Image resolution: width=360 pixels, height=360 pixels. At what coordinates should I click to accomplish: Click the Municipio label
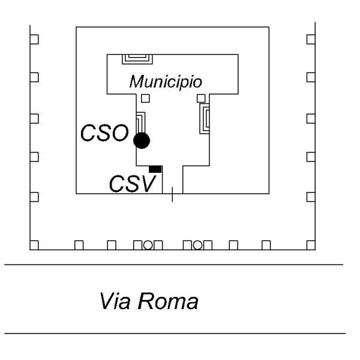[x=165, y=81]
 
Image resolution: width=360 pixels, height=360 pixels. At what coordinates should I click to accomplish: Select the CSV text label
[x=131, y=182]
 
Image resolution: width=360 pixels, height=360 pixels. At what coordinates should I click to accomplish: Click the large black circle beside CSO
[x=142, y=141]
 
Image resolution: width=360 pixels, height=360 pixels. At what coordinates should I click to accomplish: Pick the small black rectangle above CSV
[x=155, y=169]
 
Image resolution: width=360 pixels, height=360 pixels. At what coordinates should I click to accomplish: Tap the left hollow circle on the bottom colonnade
[x=147, y=244]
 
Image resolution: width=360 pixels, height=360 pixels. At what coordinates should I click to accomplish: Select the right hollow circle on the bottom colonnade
[x=197, y=244]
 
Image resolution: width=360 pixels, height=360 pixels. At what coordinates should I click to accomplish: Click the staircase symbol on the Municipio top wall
[x=137, y=59]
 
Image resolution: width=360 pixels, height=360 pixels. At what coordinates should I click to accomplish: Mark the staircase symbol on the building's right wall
[x=205, y=118]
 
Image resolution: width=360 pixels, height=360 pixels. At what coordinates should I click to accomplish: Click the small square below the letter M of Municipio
[x=145, y=98]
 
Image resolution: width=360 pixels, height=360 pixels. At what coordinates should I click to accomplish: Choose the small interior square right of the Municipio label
[x=201, y=98]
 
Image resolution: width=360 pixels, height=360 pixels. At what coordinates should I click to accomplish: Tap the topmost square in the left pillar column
[x=35, y=39]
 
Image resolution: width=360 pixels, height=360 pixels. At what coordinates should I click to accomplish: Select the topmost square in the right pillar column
[x=310, y=39]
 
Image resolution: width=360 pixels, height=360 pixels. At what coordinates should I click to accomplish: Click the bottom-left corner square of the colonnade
[x=35, y=245]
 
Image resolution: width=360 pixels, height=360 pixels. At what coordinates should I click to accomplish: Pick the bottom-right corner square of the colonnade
[x=310, y=245]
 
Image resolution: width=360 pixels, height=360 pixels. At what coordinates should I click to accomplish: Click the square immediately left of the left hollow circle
[x=137, y=245]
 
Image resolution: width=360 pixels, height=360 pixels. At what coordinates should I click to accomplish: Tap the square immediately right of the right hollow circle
[x=208, y=245]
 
